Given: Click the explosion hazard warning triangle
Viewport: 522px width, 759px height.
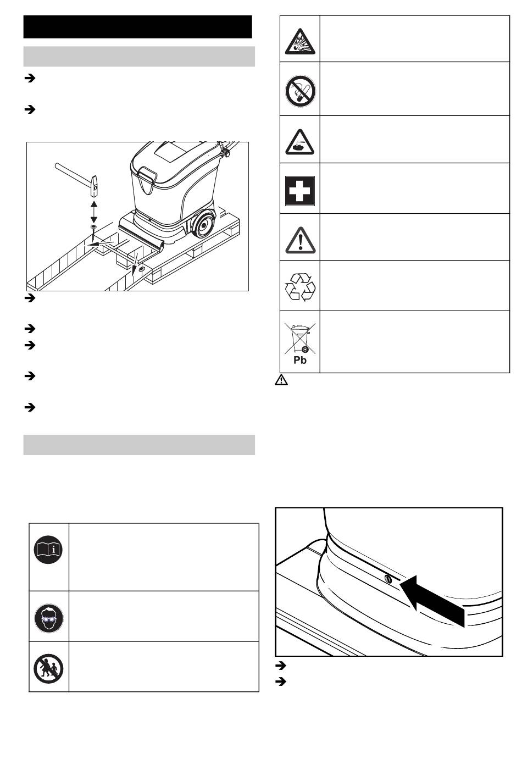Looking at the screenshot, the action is [300, 42].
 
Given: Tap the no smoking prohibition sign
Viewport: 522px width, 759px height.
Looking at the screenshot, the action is [300, 91].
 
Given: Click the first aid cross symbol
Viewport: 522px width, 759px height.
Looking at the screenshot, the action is [300, 191].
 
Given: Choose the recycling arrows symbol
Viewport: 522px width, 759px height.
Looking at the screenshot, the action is [300, 287].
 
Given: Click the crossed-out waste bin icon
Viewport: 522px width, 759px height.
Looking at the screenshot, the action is [300, 338].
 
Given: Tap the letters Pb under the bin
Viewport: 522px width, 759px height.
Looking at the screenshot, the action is [300, 360].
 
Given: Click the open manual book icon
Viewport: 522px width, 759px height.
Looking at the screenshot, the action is [48, 550].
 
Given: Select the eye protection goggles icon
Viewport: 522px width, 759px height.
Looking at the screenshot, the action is [49, 618].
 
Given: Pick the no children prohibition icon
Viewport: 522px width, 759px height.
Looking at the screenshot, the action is [48, 668].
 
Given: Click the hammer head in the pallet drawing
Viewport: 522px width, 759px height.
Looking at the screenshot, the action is [93, 186].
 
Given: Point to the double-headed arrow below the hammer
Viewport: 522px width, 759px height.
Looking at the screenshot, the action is [94, 212].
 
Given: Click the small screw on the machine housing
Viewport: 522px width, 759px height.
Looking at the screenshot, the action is [388, 579].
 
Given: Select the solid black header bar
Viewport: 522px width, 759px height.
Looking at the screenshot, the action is [137, 26].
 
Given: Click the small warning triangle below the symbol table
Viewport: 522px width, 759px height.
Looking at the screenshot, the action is [281, 380].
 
